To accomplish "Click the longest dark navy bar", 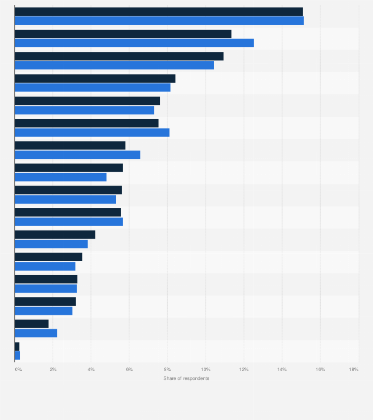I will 158,11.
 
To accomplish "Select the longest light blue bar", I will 159,21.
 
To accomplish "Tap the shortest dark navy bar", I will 17,346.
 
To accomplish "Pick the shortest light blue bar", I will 17,355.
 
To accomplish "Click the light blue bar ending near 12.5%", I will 134,43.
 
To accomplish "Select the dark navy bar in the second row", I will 123,34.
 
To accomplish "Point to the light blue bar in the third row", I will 114,65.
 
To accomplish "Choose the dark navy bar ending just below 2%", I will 32,324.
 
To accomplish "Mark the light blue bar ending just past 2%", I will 36,333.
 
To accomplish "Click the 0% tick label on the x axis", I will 18,370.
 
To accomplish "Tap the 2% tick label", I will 53,370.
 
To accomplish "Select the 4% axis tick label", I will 91,370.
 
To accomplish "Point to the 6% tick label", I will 129,370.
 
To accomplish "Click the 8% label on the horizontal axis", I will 167,370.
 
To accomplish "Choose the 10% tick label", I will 205,370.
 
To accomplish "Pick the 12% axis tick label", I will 243,370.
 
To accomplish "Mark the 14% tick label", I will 282,370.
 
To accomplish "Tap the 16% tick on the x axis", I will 320,370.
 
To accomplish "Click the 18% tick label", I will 354,370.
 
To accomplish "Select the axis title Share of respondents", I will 186,378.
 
